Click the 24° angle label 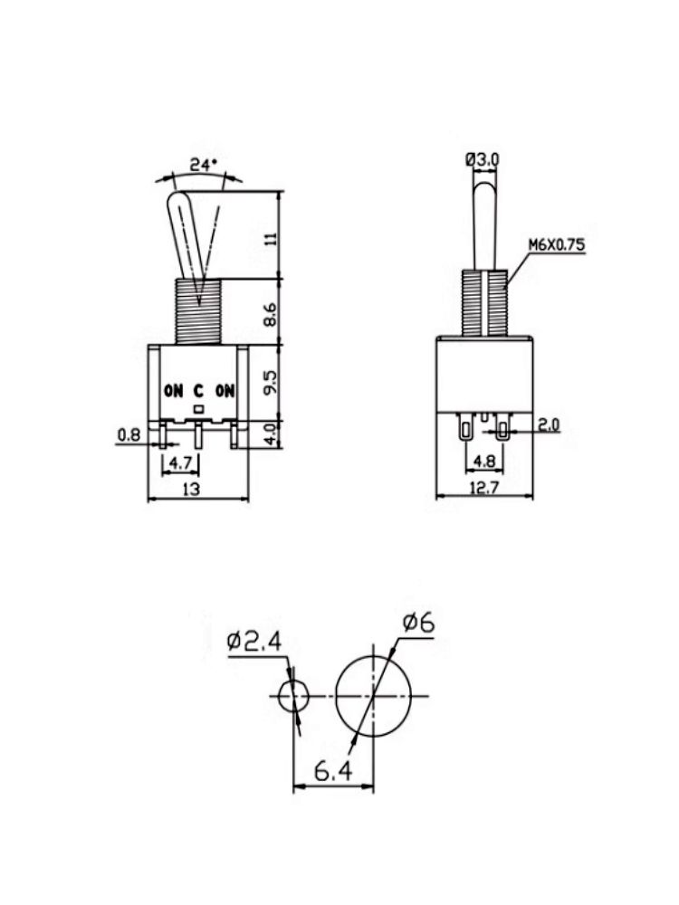pos(204,166)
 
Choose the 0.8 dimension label pos(128,436)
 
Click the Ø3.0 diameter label pos(482,159)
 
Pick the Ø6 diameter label pos(418,624)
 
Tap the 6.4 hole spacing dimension pos(332,772)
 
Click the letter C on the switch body pos(198,391)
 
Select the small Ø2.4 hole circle pos(292,697)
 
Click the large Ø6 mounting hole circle pos(373,695)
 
